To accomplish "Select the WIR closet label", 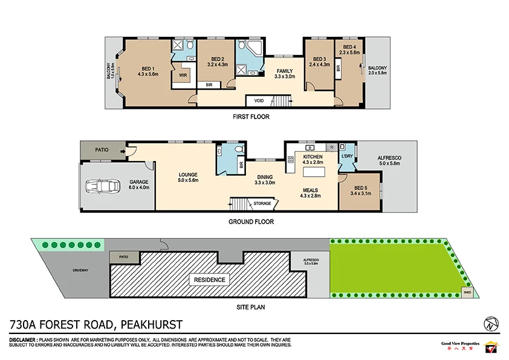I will click(x=183, y=75).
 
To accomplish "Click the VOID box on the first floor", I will click(x=259, y=100).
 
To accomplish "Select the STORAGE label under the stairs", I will click(x=262, y=204).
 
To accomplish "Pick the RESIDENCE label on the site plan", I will click(x=209, y=280).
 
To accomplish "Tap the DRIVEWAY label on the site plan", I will click(x=80, y=270).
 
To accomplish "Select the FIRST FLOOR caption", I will click(x=251, y=117).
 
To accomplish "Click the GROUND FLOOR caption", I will click(x=251, y=222).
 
